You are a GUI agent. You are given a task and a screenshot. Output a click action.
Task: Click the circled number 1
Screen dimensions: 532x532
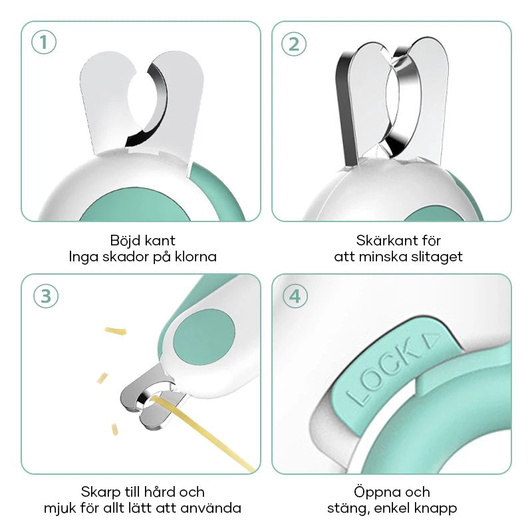(43, 43)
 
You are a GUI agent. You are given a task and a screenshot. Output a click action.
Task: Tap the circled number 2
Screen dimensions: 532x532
(295, 43)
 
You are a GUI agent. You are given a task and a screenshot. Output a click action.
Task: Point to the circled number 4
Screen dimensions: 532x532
(295, 296)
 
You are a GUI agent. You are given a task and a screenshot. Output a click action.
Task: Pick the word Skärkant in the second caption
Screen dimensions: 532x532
(378, 240)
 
